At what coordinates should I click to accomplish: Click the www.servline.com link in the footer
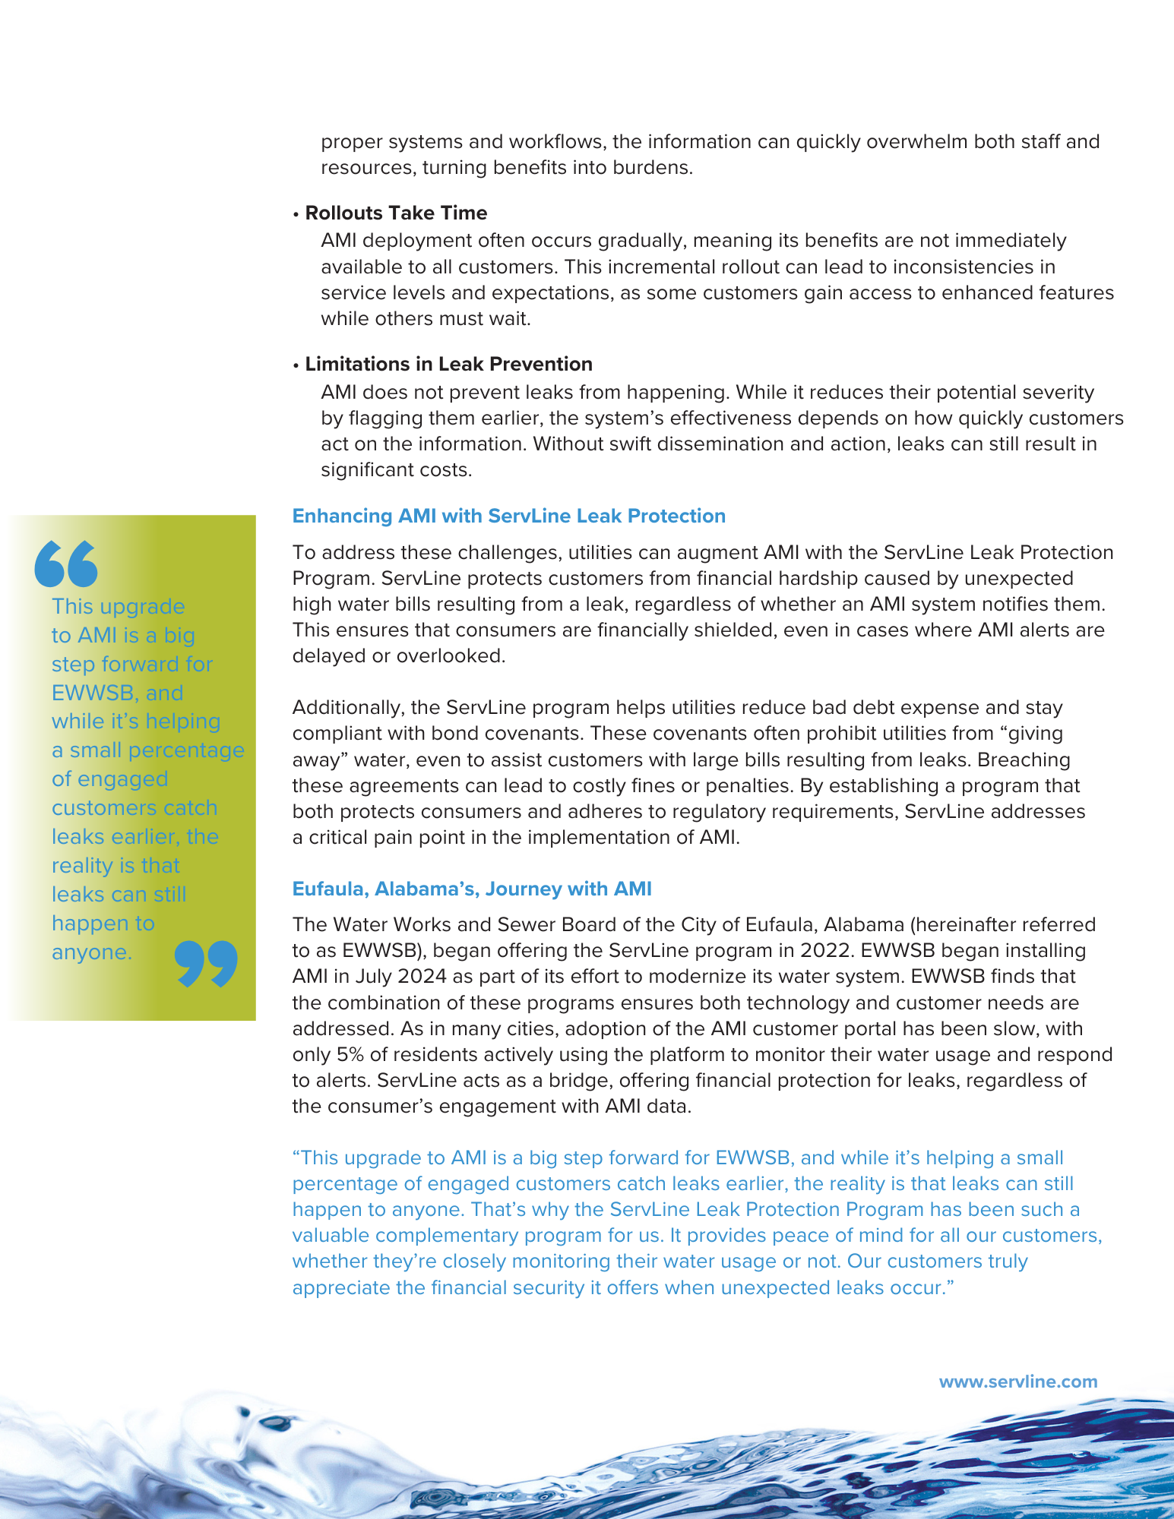1018,1382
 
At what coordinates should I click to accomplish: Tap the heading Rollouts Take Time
396,213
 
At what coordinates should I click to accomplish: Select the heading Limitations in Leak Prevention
448,365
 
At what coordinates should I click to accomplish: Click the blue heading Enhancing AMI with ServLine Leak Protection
508,516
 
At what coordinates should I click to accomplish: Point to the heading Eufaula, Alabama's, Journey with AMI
472,889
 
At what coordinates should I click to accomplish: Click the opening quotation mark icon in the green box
66,564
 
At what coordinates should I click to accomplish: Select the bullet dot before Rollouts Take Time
296,214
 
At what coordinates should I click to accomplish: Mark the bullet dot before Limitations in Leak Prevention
296,365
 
